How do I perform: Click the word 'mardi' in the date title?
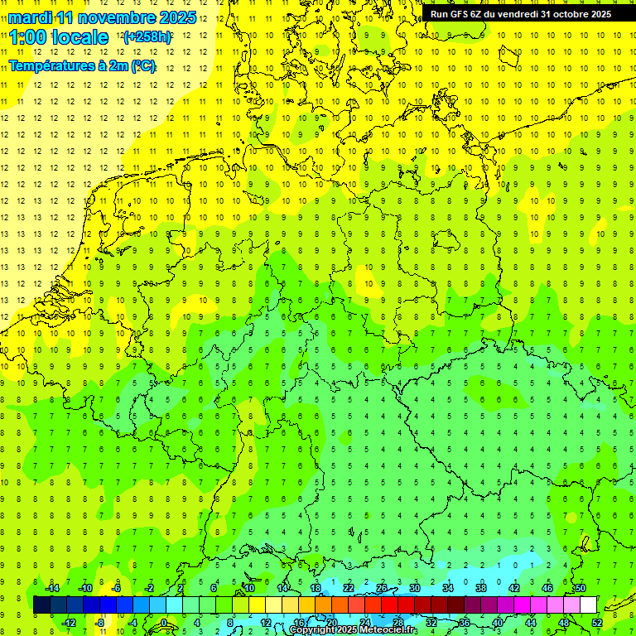click(x=30, y=17)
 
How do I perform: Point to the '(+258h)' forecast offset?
click(x=147, y=37)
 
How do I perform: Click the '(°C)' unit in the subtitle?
click(x=142, y=65)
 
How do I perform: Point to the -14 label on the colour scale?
click(x=52, y=587)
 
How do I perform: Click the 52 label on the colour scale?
click(x=597, y=623)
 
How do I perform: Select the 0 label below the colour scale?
click(x=164, y=623)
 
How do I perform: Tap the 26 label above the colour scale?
click(x=381, y=587)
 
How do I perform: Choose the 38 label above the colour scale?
click(x=480, y=587)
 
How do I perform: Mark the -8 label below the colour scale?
click(x=100, y=623)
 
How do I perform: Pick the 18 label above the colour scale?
click(x=315, y=587)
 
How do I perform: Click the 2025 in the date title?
click(x=176, y=17)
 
